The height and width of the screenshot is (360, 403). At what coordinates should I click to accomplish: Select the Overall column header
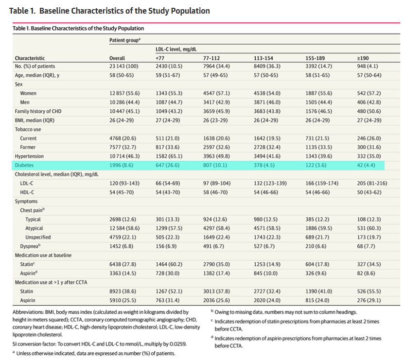coord(117,58)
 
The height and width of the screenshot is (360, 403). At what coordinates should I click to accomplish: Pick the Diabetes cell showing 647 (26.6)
coord(168,166)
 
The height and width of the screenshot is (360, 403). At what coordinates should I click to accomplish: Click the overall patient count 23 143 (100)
coord(125,66)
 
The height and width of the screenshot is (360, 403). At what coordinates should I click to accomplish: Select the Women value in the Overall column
coord(124,93)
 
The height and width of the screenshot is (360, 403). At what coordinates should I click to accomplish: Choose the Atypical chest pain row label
coord(34,228)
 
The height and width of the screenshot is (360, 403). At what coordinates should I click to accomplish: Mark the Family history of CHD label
coord(40,111)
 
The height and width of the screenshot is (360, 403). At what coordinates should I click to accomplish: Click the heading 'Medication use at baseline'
coord(43,256)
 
